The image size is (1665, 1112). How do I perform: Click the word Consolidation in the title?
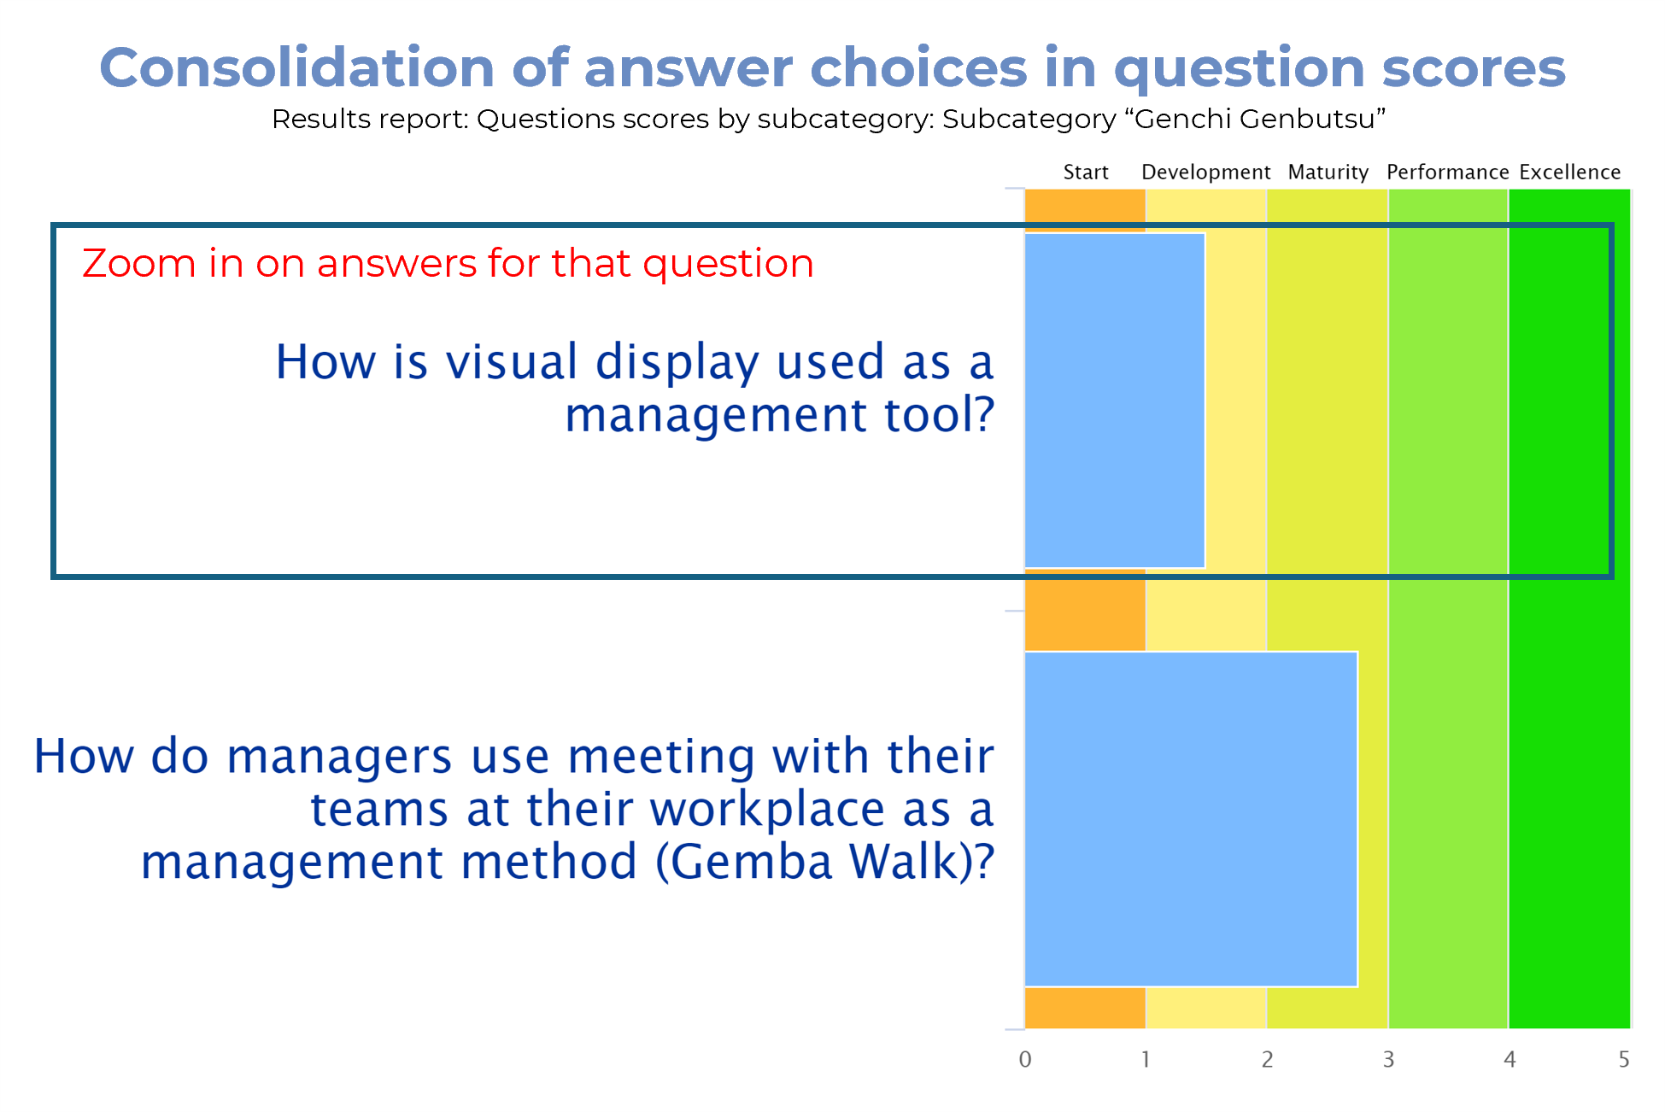296,67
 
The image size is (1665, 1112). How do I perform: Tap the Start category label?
1086,172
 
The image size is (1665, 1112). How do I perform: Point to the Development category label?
1205,173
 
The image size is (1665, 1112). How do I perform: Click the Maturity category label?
1328,173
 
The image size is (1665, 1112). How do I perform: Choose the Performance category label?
1448,172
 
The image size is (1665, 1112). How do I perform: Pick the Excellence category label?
1570,172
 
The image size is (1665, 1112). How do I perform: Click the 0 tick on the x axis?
1025,1059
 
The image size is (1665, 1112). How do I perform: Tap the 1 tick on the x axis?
1146,1059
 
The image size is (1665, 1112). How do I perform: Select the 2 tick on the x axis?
1267,1059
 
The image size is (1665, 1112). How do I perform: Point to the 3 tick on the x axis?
1388,1059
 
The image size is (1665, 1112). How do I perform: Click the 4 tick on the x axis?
1510,1059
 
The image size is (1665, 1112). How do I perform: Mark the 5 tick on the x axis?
1624,1059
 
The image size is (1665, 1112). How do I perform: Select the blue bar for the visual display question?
1115,401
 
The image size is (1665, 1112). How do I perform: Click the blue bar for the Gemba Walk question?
1191,819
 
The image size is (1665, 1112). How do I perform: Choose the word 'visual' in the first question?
512,361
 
